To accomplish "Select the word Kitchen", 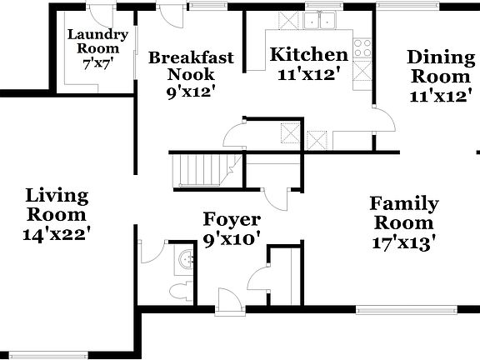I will (309, 55).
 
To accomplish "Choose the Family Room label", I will (404, 212).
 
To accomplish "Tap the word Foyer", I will (232, 220).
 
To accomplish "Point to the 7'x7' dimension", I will (97, 62).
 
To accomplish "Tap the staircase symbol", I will (200, 170).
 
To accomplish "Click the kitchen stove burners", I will (362, 48).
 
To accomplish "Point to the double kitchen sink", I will (320, 20).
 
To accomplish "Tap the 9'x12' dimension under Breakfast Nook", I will (191, 91).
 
